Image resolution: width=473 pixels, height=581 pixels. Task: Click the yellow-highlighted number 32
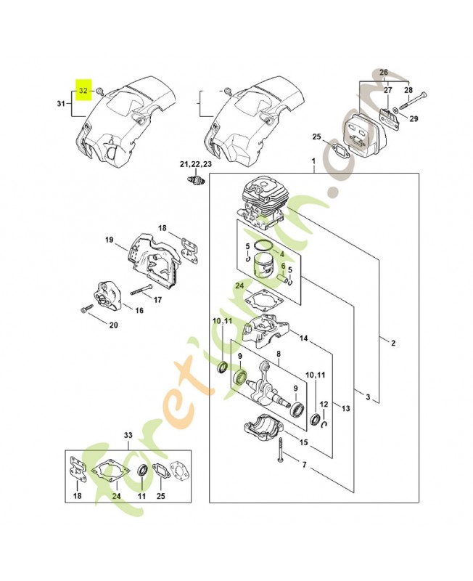coord(83,91)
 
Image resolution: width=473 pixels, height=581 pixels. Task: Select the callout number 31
coord(61,105)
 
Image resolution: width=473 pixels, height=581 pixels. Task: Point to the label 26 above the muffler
coord(384,72)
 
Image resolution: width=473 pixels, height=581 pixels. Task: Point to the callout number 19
coord(110,240)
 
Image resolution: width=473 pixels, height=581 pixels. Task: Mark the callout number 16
coord(138,311)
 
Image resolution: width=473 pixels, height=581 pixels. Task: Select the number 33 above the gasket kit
coord(128,436)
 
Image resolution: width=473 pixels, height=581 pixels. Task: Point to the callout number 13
coord(345,409)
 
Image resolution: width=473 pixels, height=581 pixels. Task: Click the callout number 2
coord(392,343)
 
